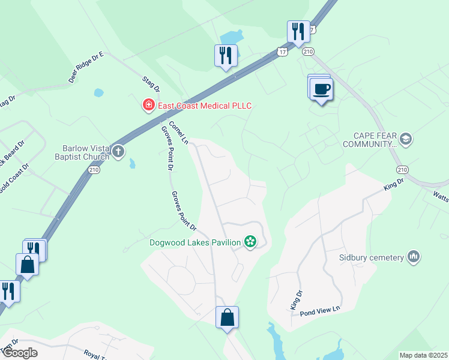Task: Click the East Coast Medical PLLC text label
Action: click(x=204, y=106)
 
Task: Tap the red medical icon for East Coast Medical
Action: click(x=148, y=106)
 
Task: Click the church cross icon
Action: click(x=118, y=151)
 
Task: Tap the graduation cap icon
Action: click(x=405, y=139)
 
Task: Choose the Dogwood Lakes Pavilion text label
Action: click(x=196, y=242)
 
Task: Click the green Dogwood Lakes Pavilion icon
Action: click(x=250, y=242)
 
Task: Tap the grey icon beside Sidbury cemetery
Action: click(x=412, y=257)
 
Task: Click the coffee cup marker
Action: click(x=321, y=89)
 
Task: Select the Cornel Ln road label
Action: click(x=178, y=133)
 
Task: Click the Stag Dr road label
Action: click(x=151, y=84)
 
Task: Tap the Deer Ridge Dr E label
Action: click(x=86, y=67)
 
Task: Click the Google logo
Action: click(x=19, y=353)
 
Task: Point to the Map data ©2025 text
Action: click(x=423, y=355)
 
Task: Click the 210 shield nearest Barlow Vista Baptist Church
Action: click(x=94, y=170)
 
